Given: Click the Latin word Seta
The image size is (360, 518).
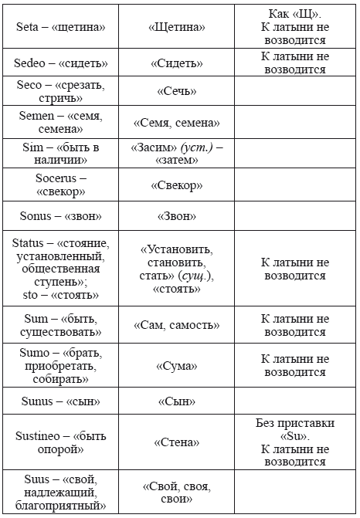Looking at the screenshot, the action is pyautogui.click(x=29, y=27).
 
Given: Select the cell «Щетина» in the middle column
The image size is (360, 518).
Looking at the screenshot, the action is pyautogui.click(x=176, y=27).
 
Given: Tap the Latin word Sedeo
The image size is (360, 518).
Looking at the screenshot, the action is pyautogui.click(x=32, y=63).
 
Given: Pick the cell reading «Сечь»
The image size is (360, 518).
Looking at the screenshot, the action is pyautogui.click(x=176, y=91).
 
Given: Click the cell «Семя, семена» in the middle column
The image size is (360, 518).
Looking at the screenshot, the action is pyautogui.click(x=176, y=123).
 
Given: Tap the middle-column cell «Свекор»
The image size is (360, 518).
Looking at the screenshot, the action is pyautogui.click(x=176, y=185).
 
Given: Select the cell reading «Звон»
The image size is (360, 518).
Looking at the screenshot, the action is pyautogui.click(x=176, y=217).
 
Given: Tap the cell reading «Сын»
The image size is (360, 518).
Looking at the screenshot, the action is pyautogui.click(x=176, y=402).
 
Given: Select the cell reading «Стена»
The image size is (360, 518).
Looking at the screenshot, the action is pyautogui.click(x=176, y=442).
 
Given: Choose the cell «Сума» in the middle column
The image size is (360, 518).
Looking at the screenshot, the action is pyautogui.click(x=176, y=366).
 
